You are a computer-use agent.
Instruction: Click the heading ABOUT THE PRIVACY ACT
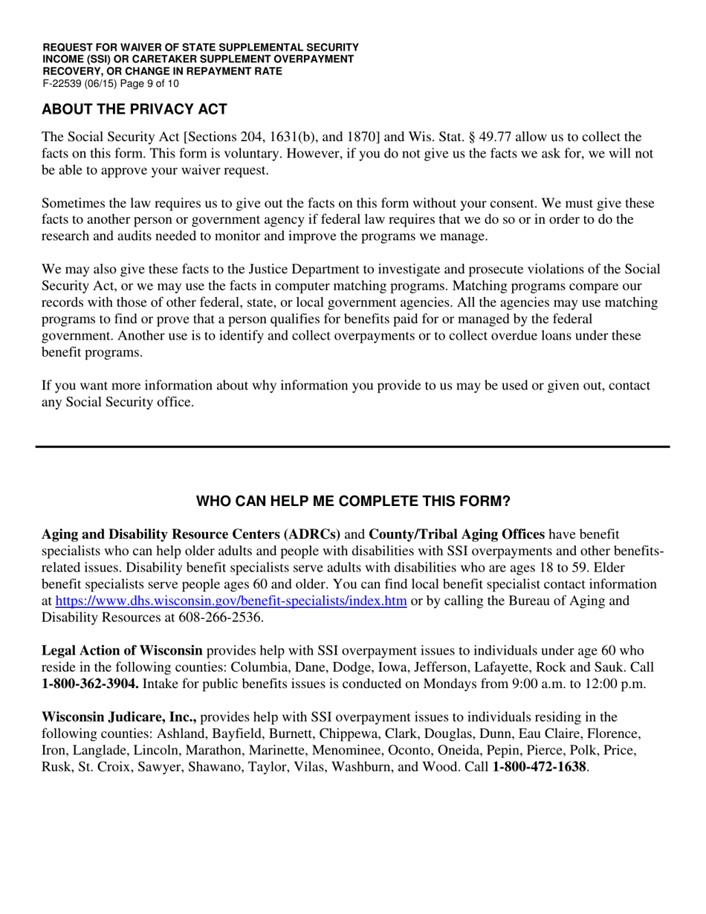(x=135, y=109)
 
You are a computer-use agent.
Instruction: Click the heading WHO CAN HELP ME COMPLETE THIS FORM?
(x=353, y=502)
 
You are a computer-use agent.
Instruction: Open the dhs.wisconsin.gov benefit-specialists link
(x=231, y=601)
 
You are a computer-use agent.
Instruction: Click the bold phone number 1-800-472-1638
(x=540, y=766)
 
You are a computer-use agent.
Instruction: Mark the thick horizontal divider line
(x=353, y=447)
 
